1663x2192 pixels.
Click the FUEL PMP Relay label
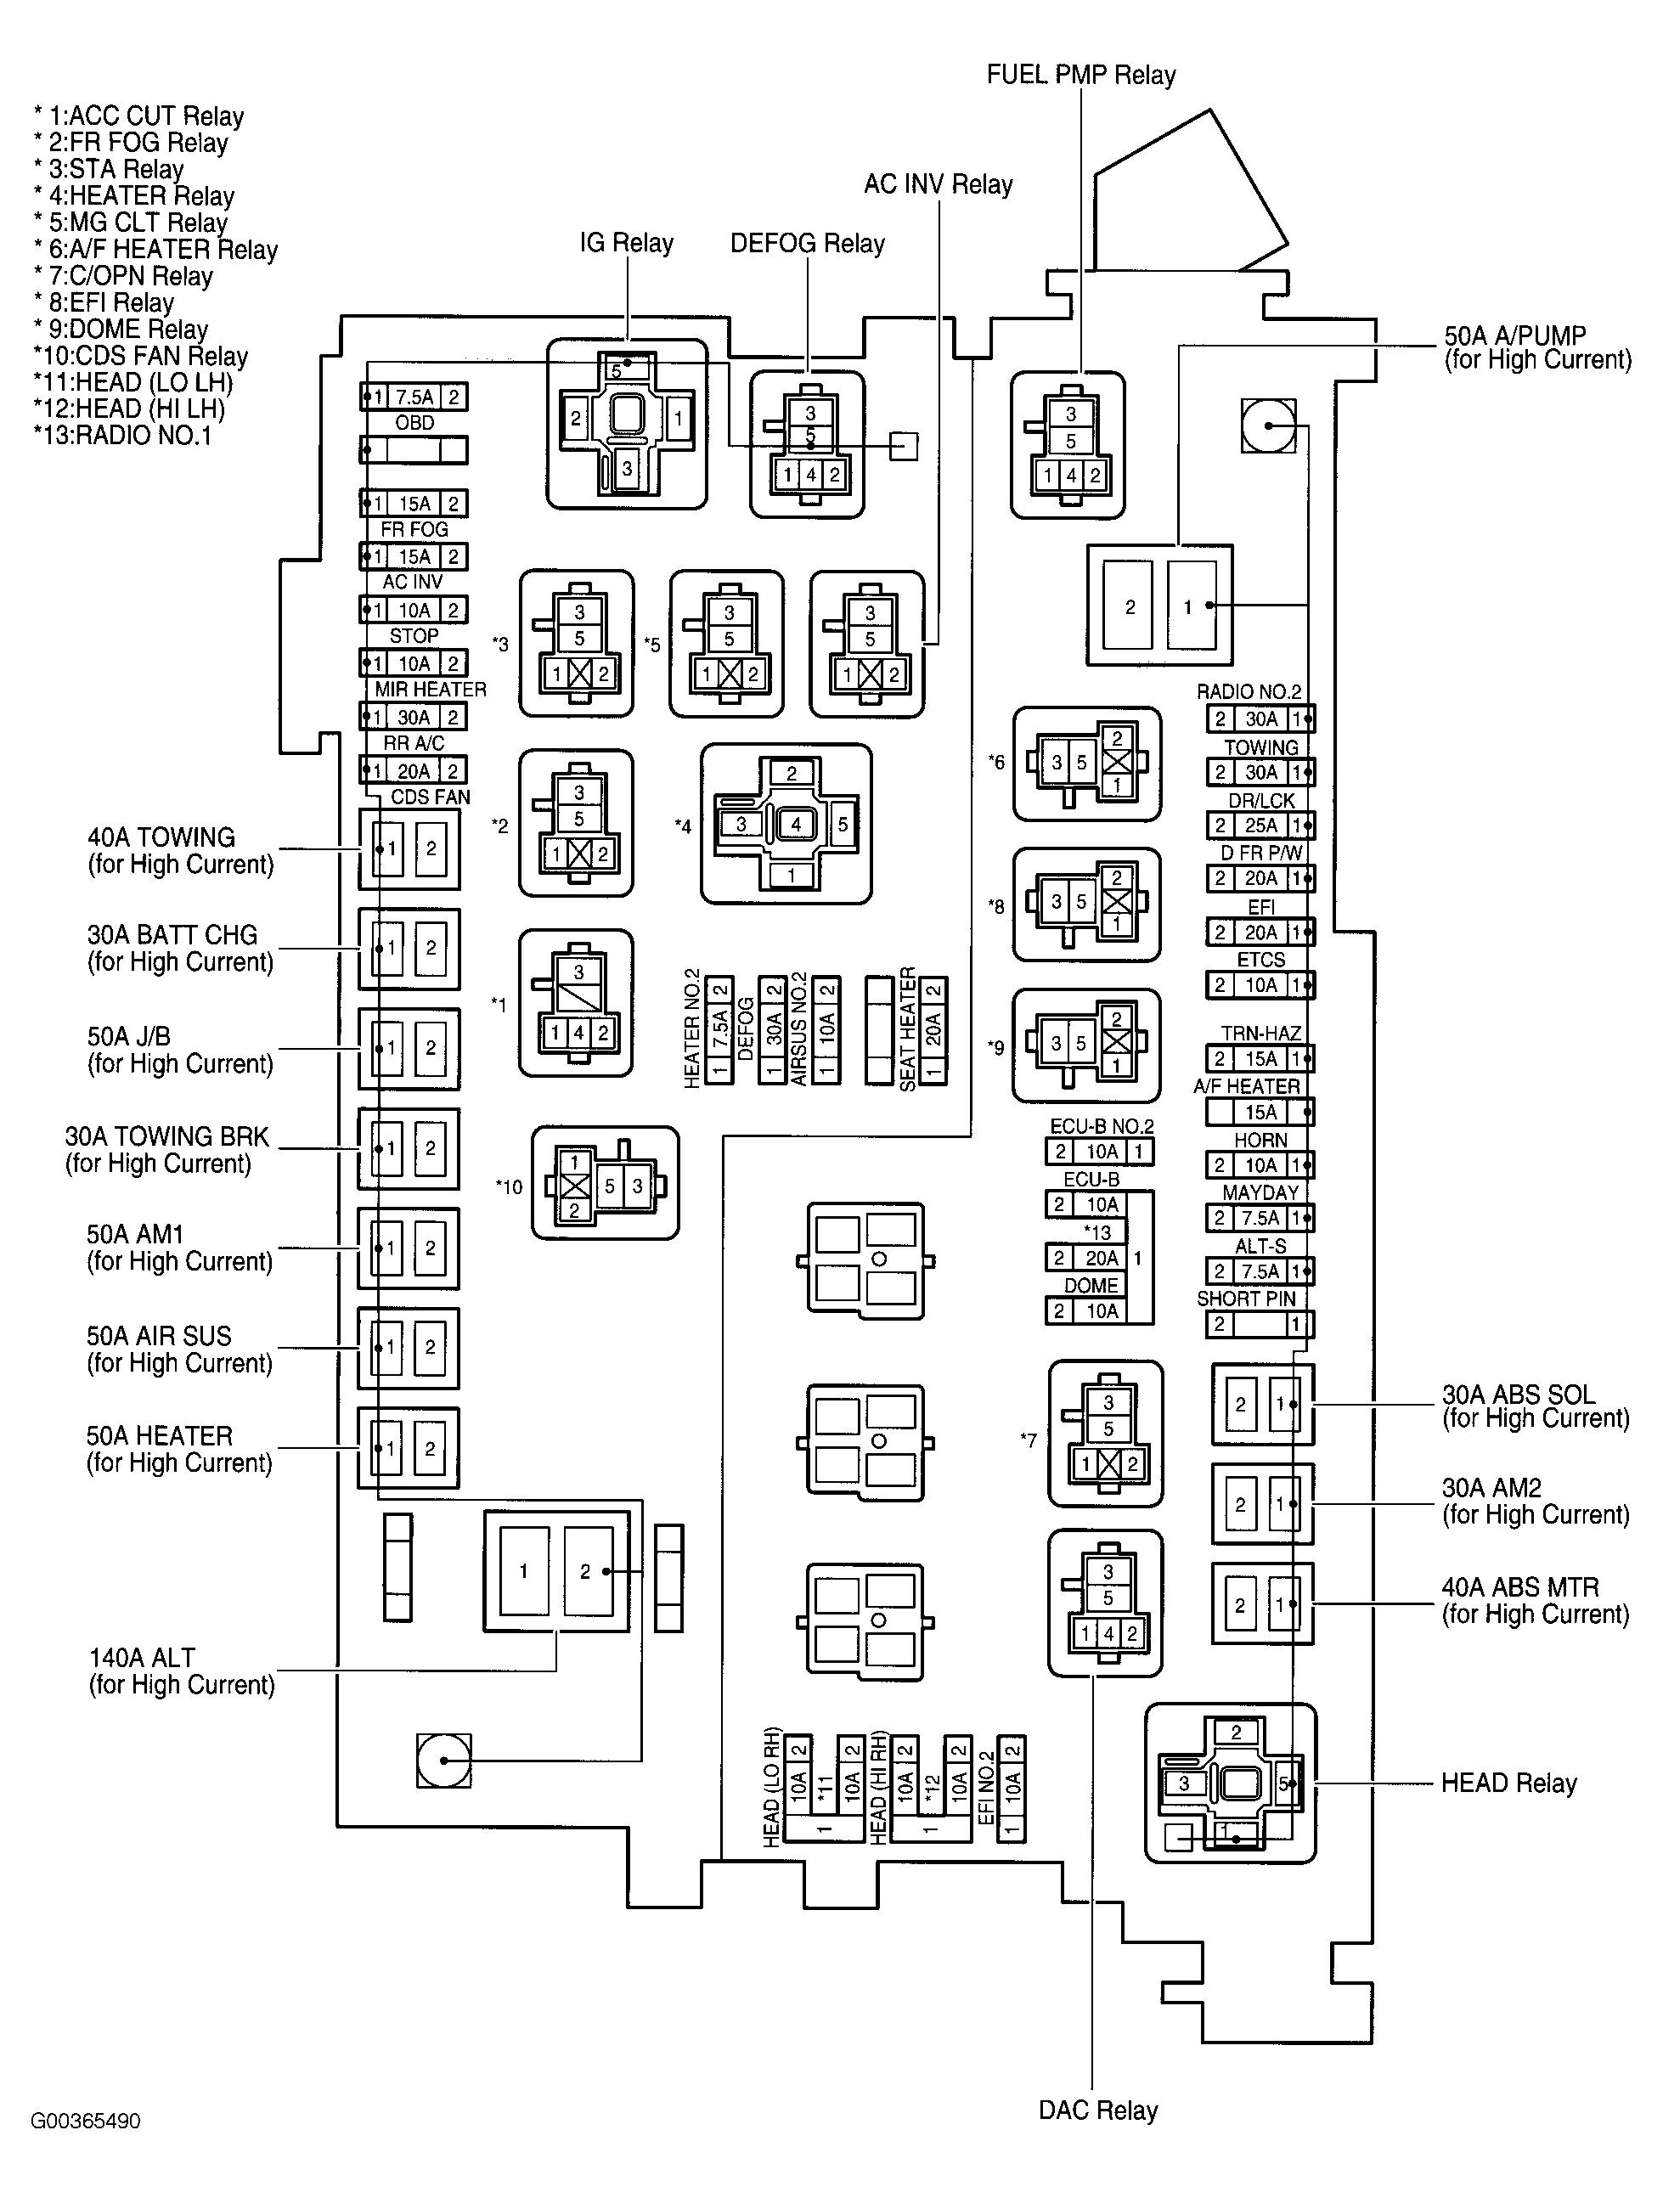[x=1080, y=76]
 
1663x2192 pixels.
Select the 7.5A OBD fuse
[x=414, y=397]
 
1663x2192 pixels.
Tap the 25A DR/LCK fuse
[x=1260, y=826]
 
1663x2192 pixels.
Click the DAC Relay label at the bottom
[x=1098, y=2110]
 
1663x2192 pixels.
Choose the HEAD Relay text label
[x=1508, y=1783]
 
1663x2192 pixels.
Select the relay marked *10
[x=605, y=1184]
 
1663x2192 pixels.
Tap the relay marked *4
[x=786, y=825]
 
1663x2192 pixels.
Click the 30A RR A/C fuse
[x=414, y=718]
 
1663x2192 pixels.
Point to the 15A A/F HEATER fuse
[x=1260, y=1113]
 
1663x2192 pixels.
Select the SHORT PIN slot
[x=1260, y=1325]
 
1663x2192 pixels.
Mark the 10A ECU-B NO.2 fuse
[x=1099, y=1152]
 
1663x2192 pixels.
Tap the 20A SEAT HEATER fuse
[x=933, y=1030]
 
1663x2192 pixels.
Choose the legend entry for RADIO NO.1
[x=123, y=436]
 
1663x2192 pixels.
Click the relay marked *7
[x=1106, y=1434]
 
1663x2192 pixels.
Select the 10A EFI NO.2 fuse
[x=1012, y=1787]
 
